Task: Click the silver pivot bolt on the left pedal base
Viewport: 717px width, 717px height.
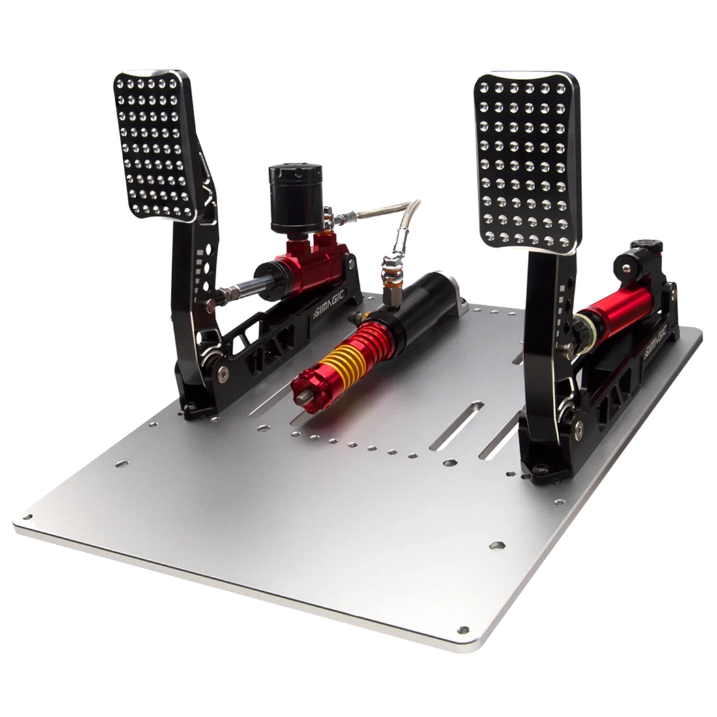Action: pyautogui.click(x=224, y=372)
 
